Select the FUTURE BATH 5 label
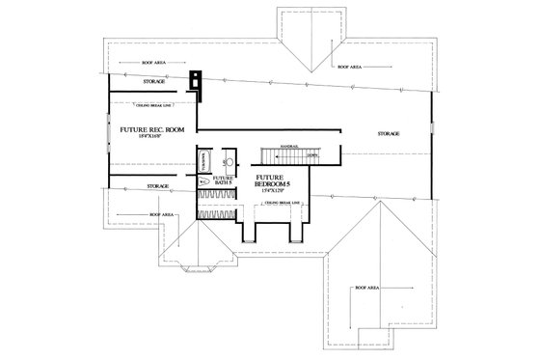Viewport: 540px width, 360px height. (224, 180)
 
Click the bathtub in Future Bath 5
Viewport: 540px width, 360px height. (202, 162)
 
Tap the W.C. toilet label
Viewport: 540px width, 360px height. (202, 180)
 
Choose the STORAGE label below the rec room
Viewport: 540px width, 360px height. (158, 184)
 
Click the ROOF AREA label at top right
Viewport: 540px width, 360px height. (349, 67)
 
